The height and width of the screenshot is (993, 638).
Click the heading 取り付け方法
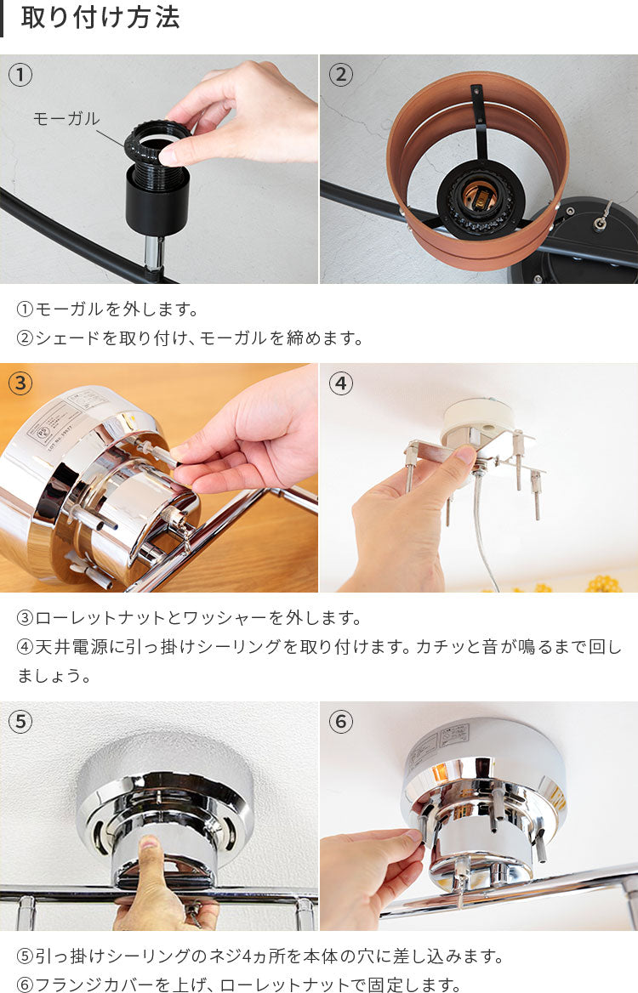(x=100, y=18)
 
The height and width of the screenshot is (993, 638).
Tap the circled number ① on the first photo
(x=20, y=75)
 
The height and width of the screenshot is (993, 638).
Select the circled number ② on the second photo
(x=341, y=75)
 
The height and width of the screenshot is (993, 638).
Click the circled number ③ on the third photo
(x=20, y=383)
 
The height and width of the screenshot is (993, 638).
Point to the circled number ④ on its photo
(x=341, y=383)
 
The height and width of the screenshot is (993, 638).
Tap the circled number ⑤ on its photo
(x=20, y=721)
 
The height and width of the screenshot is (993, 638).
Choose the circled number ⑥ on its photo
(x=341, y=721)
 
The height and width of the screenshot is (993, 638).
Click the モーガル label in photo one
(x=66, y=118)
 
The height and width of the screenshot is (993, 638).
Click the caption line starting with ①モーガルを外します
(x=107, y=309)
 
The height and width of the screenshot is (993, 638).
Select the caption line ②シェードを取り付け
(x=190, y=338)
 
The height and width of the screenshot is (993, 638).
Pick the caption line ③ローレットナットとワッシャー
(x=189, y=617)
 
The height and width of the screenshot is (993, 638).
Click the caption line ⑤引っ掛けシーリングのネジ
(x=260, y=956)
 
